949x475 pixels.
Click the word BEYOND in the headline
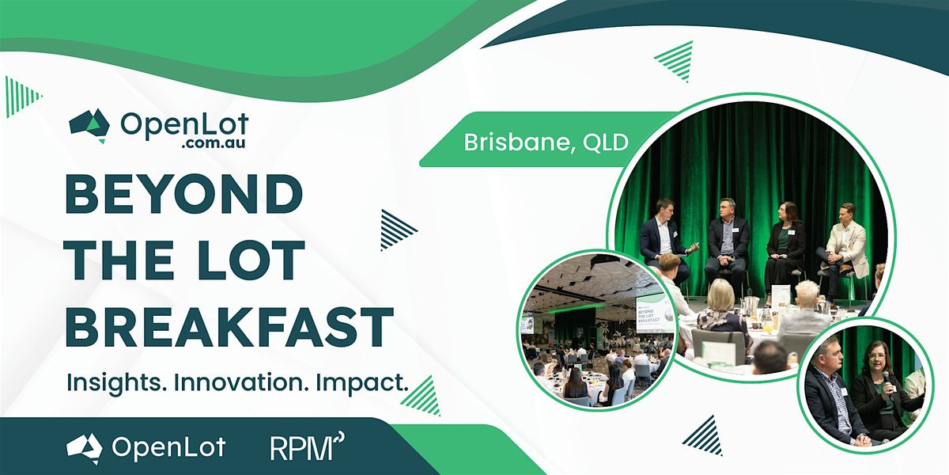pyautogui.click(x=184, y=194)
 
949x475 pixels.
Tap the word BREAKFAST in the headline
pyautogui.click(x=229, y=326)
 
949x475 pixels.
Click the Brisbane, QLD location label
pyautogui.click(x=546, y=142)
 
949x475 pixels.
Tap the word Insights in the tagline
pyautogui.click(x=115, y=383)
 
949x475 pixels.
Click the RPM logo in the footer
pyautogui.click(x=307, y=446)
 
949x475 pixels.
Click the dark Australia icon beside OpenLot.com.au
pyautogui.click(x=89, y=126)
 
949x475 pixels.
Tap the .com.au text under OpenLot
pyautogui.click(x=214, y=142)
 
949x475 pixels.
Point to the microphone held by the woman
pyautogui.click(x=887, y=381)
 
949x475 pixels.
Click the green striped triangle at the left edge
pyautogui.click(x=21, y=97)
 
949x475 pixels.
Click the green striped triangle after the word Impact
pyautogui.click(x=422, y=396)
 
